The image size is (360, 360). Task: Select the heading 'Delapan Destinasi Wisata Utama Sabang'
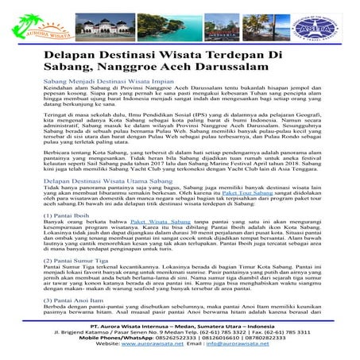[110, 181]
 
